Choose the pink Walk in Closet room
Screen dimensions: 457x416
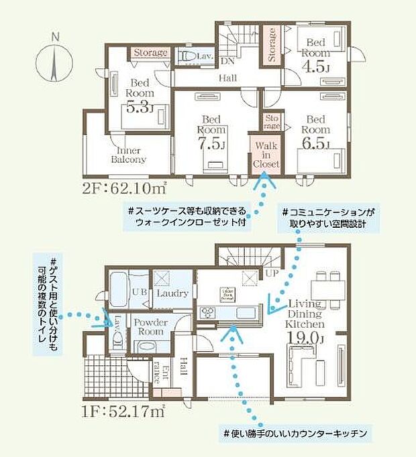click(262, 155)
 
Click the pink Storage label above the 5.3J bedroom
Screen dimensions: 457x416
click(150, 52)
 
